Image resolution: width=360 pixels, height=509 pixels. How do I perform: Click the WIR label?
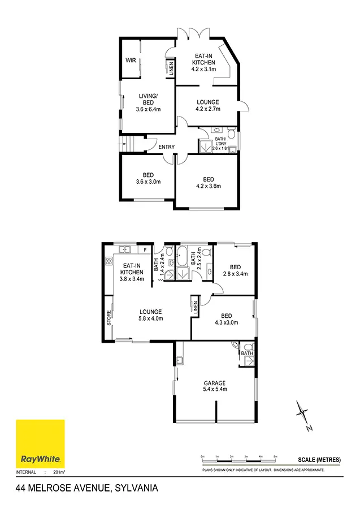point(131,61)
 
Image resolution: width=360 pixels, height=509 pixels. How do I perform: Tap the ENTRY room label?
point(166,147)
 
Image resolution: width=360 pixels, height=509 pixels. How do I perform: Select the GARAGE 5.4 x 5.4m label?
point(215,386)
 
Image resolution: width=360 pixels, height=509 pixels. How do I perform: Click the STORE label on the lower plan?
point(109,317)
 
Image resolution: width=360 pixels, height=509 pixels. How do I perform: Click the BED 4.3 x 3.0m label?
point(226,320)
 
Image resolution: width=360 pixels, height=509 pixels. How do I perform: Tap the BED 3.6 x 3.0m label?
point(149,179)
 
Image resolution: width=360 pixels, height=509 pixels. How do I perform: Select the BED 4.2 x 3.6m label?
point(208,182)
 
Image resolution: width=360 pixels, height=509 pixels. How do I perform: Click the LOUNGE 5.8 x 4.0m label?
point(151,315)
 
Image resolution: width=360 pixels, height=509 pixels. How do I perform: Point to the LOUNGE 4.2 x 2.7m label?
point(207,105)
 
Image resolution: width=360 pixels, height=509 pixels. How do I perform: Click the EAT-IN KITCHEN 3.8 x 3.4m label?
point(132,271)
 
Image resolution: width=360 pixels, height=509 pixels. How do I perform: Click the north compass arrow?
point(303,416)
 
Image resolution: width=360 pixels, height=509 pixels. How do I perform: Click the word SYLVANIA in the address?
point(136,488)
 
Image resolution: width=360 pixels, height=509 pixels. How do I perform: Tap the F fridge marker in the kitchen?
point(145,249)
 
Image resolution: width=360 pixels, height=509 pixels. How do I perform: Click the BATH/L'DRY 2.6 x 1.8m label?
point(220,144)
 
